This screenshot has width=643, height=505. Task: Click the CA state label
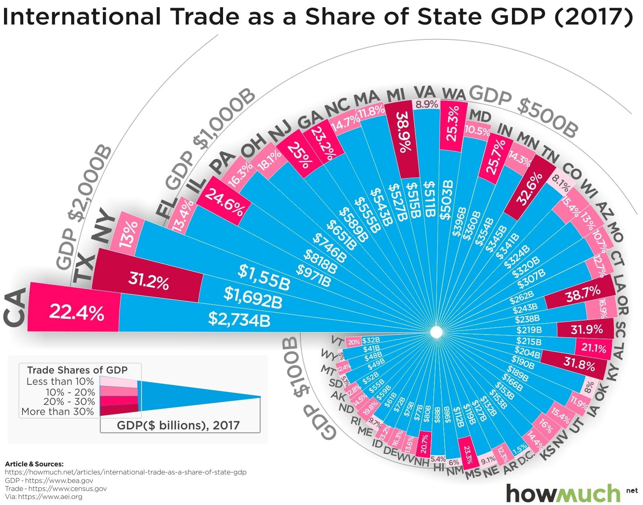15,306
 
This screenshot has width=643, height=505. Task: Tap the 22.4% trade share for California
76,312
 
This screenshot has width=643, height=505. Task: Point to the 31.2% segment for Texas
148,281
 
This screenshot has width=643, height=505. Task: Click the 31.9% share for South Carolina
587,330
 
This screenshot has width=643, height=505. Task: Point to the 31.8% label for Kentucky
579,364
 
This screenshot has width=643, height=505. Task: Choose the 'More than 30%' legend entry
57,411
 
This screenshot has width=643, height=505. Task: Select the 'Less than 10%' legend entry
60,381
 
